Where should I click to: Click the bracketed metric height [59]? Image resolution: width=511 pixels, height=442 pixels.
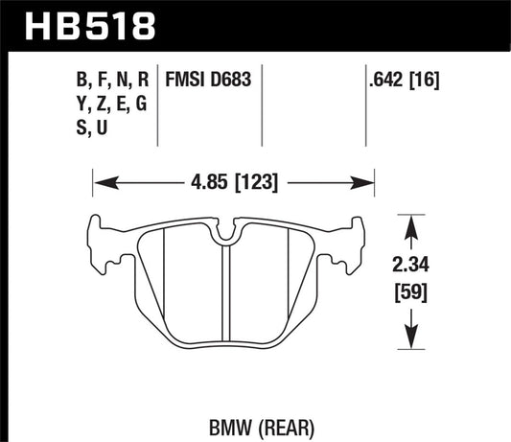coord(411,291)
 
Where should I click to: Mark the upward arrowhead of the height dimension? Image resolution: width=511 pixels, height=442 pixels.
coord(411,221)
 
